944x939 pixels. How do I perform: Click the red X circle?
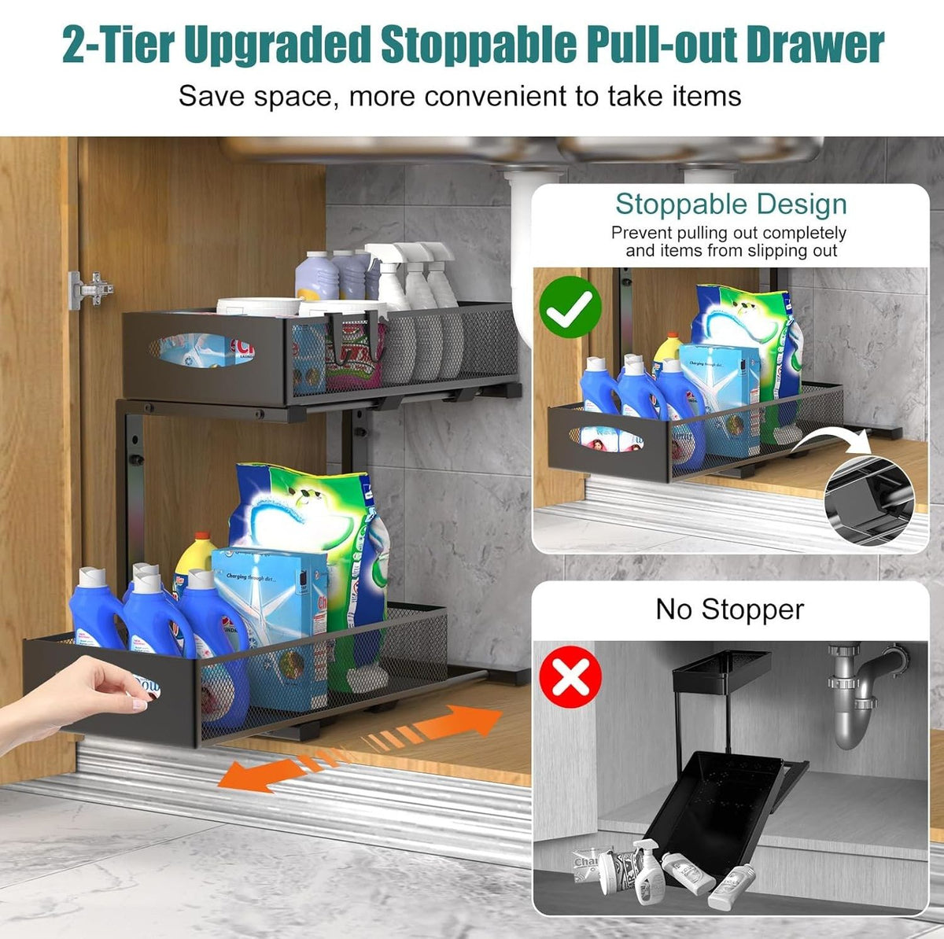571,678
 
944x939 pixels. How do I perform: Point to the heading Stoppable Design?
731,204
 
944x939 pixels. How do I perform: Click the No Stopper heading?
730,609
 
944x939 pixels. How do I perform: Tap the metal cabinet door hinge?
90,289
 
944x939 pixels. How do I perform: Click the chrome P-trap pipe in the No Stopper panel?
858,692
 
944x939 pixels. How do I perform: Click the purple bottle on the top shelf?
317,275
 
